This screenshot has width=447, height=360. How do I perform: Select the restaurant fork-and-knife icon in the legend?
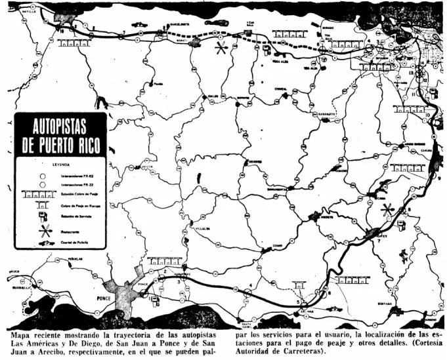click(x=45, y=231)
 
